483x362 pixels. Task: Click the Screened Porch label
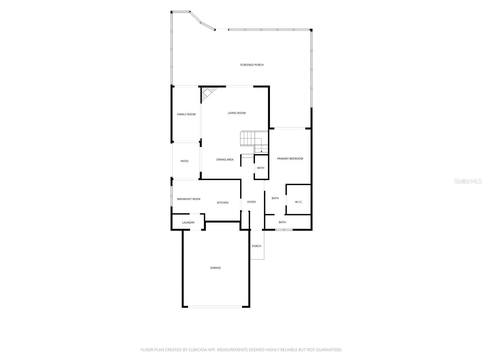pyautogui.click(x=252, y=65)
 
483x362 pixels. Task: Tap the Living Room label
pyautogui.click(x=237, y=113)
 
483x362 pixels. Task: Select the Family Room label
pyautogui.click(x=186, y=114)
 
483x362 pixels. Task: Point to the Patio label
pyautogui.click(x=184, y=161)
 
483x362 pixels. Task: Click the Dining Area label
pyautogui.click(x=225, y=160)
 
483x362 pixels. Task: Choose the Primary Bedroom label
pyautogui.click(x=290, y=158)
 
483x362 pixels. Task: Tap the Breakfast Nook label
pyautogui.click(x=189, y=199)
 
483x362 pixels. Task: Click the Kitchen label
pyautogui.click(x=222, y=203)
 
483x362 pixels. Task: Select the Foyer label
pyautogui.click(x=251, y=202)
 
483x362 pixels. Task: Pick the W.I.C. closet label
pyautogui.click(x=299, y=202)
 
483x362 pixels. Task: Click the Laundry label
pyautogui.click(x=188, y=222)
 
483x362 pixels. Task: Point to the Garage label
pyautogui.click(x=215, y=268)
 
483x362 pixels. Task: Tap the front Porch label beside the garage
pyautogui.click(x=256, y=246)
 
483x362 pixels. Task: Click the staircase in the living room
pyautogui.click(x=254, y=142)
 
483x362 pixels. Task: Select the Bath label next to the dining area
pyautogui.click(x=261, y=168)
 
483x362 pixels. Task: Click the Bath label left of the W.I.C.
pyautogui.click(x=275, y=198)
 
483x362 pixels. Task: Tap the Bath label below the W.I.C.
pyautogui.click(x=282, y=222)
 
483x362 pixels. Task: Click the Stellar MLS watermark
pyautogui.click(x=468, y=181)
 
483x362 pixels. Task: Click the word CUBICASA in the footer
pyautogui.click(x=198, y=350)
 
